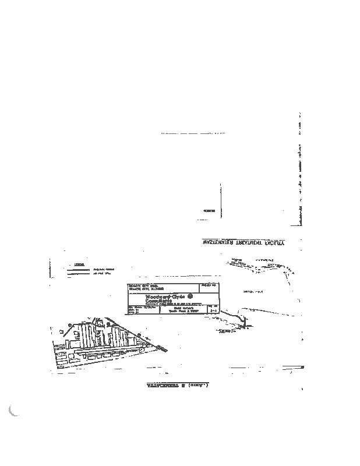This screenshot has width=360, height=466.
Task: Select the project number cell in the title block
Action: (x=209, y=287)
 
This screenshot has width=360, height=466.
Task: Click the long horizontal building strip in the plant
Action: (x=111, y=354)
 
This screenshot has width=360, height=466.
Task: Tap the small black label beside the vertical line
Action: (x=209, y=210)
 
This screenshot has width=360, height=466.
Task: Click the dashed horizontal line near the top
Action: (x=193, y=133)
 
